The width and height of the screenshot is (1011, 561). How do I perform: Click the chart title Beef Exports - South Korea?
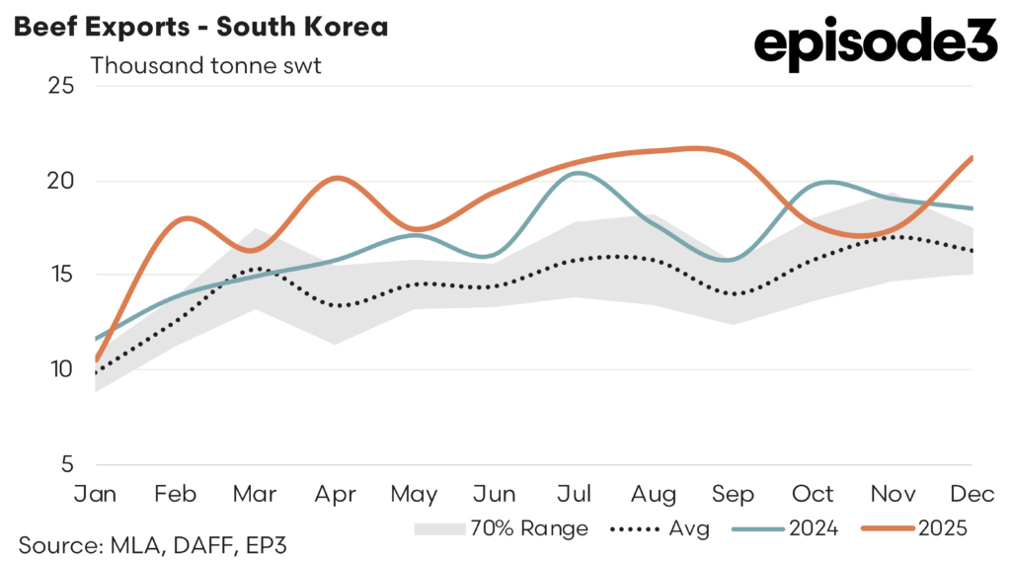199,27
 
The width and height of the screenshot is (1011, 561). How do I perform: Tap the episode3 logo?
876,46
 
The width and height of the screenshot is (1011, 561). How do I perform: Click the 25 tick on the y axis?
61,86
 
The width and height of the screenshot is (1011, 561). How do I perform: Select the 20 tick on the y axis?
61,181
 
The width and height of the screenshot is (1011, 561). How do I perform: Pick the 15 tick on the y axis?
61,276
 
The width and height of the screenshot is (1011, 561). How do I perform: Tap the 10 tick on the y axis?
61,369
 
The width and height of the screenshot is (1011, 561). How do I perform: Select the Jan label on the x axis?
96,493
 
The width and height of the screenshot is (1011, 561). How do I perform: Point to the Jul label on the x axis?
577,493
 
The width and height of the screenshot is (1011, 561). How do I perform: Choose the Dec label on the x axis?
972,493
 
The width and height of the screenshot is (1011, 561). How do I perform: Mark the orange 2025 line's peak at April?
337,178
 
